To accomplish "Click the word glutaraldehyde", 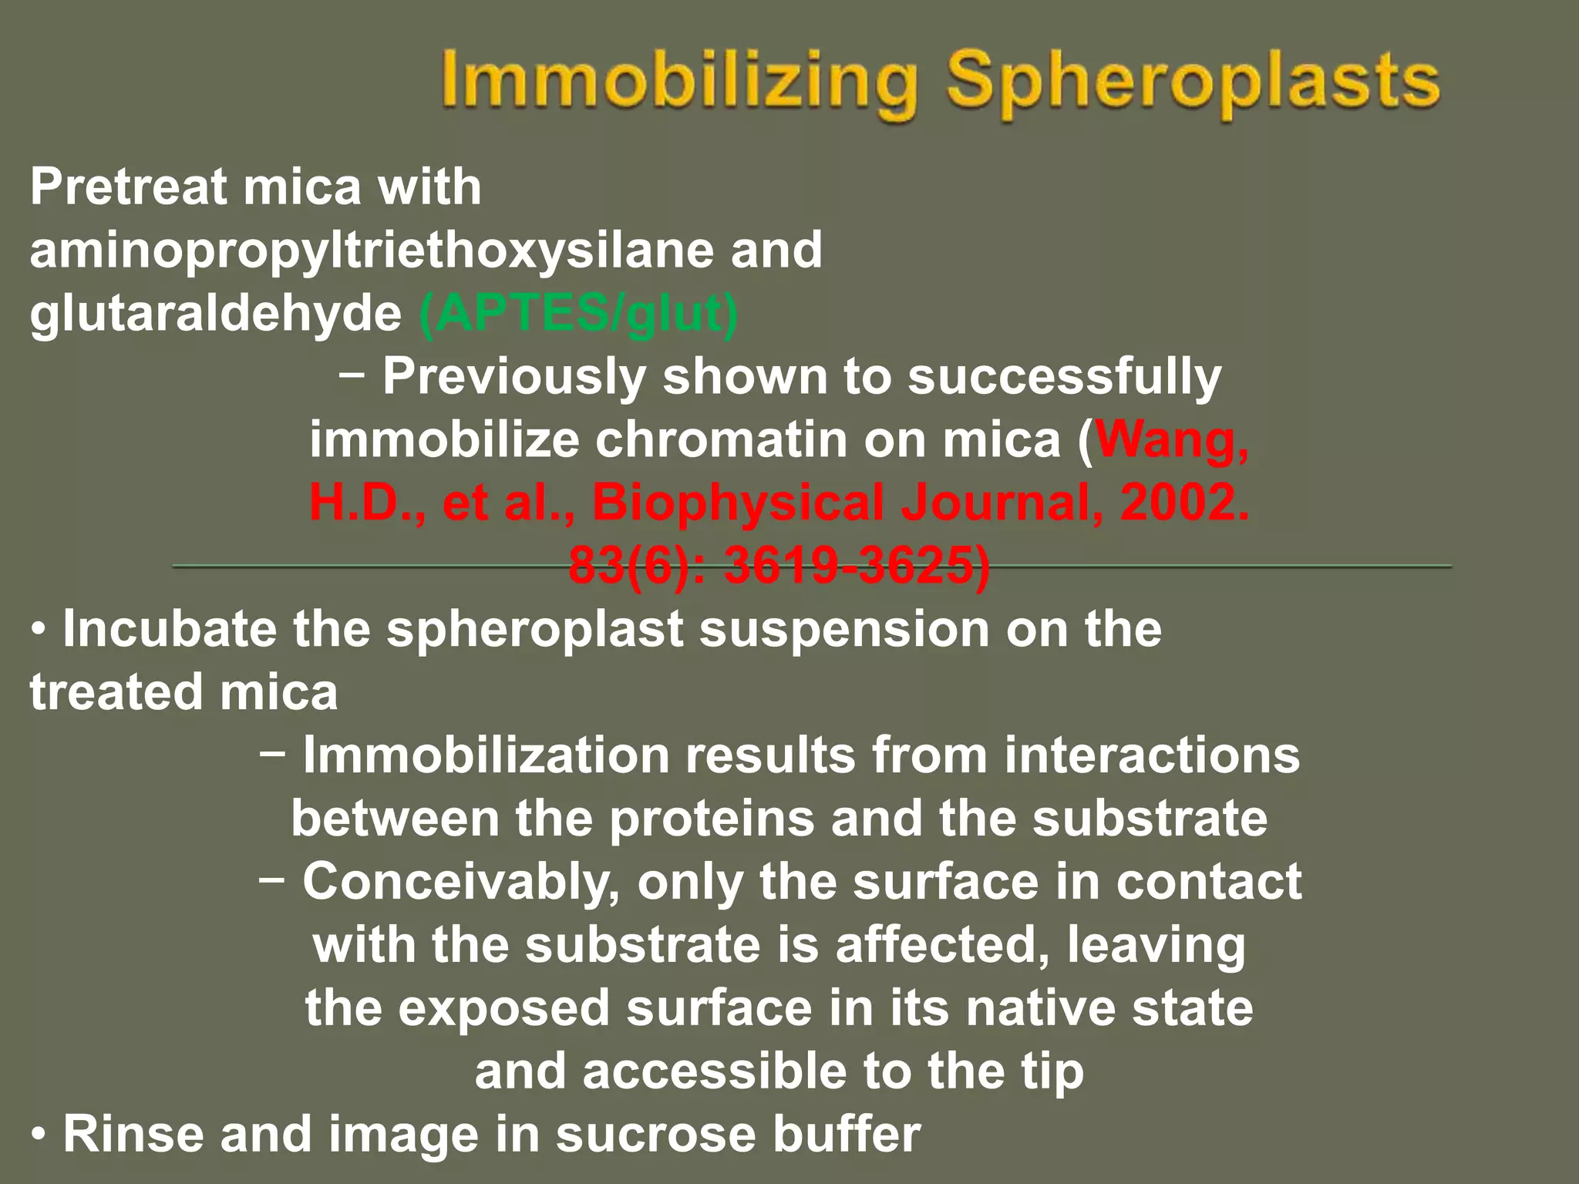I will [x=215, y=314].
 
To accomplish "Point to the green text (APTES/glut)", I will [x=578, y=314].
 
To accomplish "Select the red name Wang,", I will [x=1172, y=440].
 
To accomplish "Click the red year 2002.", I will [x=1184, y=503].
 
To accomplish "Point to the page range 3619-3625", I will [x=856, y=567].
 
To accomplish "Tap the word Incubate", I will [x=169, y=630].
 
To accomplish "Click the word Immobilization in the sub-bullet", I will [x=486, y=755].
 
